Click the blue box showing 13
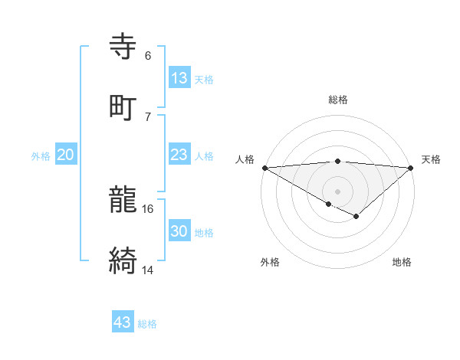point(179,78)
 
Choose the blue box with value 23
point(179,155)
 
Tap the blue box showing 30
point(179,231)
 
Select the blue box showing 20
point(65,155)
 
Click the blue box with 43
point(122,322)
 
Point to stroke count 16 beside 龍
point(148,208)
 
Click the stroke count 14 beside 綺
point(148,270)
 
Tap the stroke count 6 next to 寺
point(147,55)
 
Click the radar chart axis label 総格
point(337,100)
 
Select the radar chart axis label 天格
point(431,159)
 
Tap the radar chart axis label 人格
point(245,159)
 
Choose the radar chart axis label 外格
point(270,263)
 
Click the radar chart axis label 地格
point(402,263)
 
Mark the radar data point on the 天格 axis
point(411,168)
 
